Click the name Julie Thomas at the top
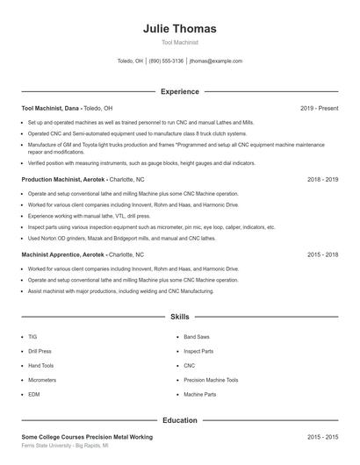point(179,28)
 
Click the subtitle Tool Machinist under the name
point(179,42)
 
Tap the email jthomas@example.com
point(215,61)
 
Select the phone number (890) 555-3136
point(166,61)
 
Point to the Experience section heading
point(179,91)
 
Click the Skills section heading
point(179,316)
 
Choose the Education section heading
point(179,420)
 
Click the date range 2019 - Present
point(319,108)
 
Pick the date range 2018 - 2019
point(322,179)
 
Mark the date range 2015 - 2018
point(322,254)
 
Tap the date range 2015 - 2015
point(322,436)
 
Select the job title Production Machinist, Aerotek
point(63,179)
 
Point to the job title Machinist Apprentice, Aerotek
point(63,254)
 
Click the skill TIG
point(32,336)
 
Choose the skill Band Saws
point(197,336)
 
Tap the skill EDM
point(33,395)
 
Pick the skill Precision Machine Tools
point(211,380)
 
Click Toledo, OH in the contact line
point(130,61)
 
